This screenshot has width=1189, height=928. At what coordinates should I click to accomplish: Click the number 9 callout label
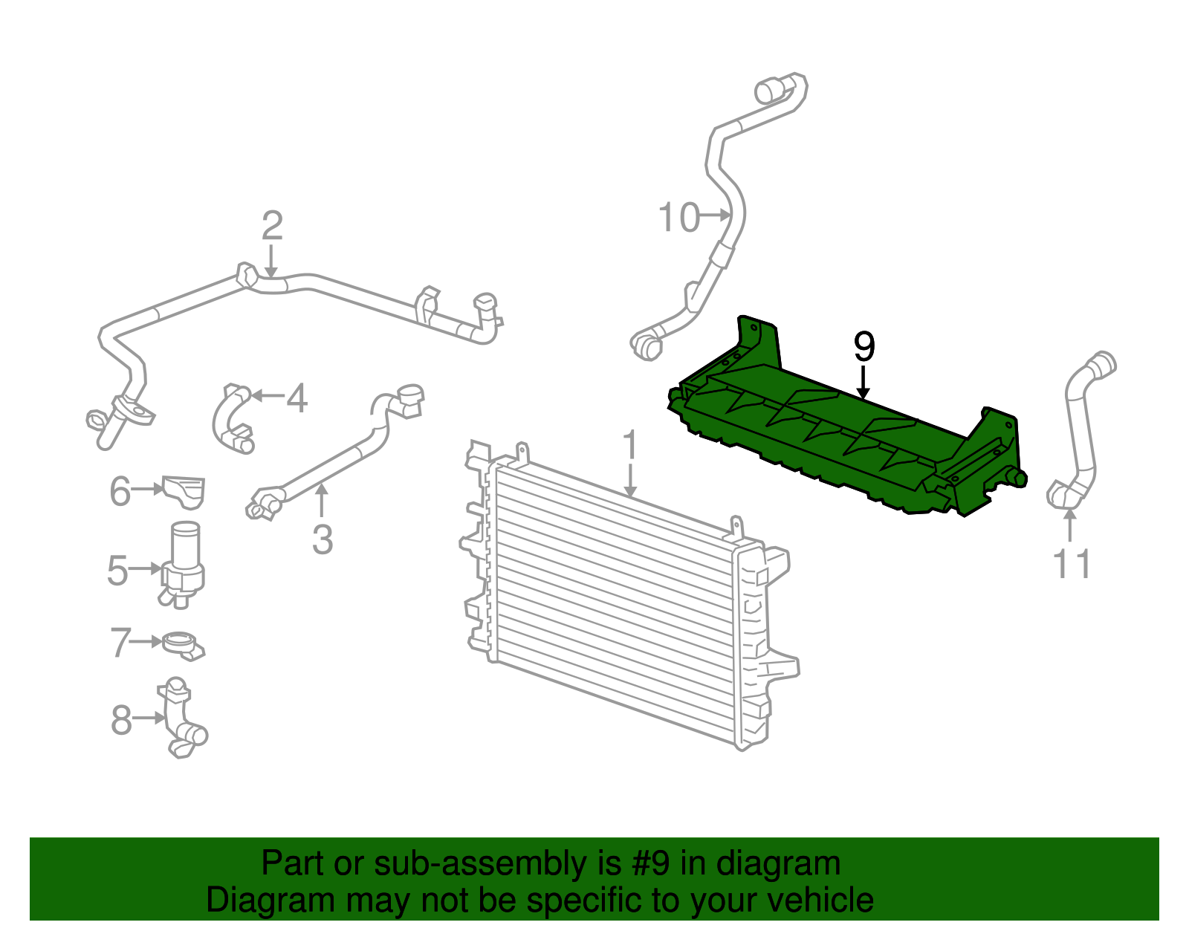point(864,346)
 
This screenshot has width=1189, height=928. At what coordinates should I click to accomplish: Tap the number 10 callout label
point(678,218)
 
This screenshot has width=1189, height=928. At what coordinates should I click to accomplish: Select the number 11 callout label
point(1072,565)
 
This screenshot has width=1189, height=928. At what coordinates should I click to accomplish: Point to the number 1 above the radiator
point(630,446)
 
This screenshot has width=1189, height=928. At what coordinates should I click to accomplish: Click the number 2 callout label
point(272,226)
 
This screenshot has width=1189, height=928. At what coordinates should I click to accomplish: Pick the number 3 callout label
point(322,539)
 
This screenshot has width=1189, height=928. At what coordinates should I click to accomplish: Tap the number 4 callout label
point(297,399)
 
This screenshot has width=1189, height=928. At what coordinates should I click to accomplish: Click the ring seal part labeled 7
point(181,643)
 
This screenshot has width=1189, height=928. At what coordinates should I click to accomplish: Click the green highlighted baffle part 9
point(840,438)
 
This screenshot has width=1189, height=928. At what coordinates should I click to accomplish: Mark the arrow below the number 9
point(863,382)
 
